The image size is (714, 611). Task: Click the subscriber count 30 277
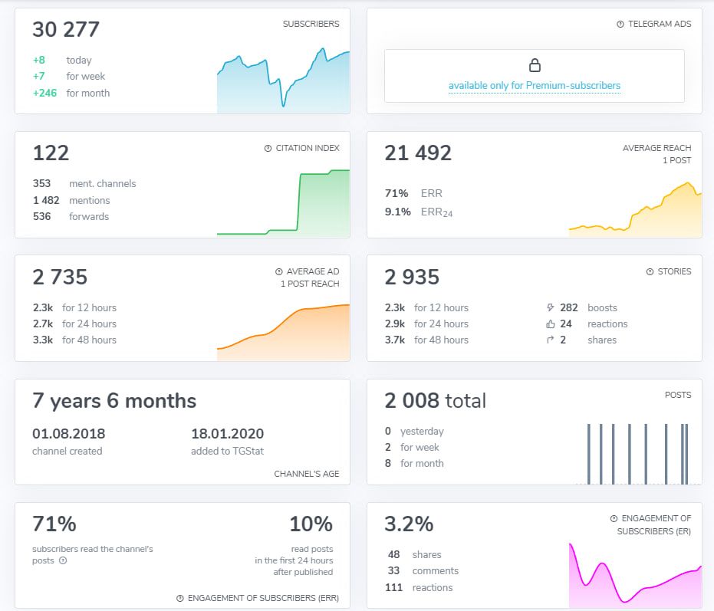[x=66, y=30]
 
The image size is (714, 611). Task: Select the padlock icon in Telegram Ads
[x=535, y=65]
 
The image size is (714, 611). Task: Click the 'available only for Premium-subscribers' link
[x=535, y=86]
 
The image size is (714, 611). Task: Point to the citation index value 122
[x=51, y=153]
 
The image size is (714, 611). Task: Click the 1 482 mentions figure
[x=45, y=200]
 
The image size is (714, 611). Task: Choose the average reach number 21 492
[x=418, y=153]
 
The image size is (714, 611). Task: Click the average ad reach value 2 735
[x=60, y=277]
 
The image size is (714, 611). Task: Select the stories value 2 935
[x=412, y=277]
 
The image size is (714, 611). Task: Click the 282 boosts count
[x=569, y=307]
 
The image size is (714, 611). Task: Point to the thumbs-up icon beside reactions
[x=550, y=324]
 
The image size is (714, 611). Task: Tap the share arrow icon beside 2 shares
[x=550, y=340]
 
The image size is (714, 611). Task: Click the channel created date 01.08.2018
[x=69, y=434]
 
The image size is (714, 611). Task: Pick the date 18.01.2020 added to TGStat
[x=227, y=434]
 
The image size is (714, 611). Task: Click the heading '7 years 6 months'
[x=114, y=401]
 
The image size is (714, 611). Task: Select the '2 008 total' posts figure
[x=436, y=401]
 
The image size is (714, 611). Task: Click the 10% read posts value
[x=311, y=524]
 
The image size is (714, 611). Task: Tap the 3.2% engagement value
[x=409, y=524]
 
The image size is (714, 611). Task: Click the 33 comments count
[x=394, y=570]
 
